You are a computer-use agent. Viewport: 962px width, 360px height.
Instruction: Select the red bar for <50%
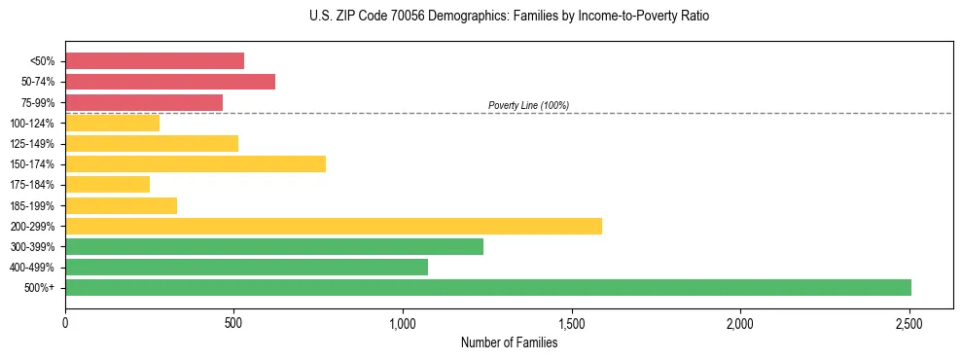click(155, 60)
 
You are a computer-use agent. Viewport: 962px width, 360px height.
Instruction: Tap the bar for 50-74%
click(170, 82)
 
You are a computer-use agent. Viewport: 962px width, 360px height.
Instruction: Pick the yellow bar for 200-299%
click(334, 226)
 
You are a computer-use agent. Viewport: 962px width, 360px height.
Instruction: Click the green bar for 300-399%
click(274, 246)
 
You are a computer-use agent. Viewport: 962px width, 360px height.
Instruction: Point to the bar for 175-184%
click(107, 184)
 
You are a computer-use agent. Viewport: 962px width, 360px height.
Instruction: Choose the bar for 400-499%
click(246, 267)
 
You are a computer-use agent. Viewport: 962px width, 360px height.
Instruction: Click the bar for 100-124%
click(112, 123)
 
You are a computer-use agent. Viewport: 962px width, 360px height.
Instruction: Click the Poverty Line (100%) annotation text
click(528, 105)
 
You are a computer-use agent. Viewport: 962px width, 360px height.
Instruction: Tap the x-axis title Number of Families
click(509, 342)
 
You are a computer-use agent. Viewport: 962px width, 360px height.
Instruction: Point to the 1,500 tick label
click(572, 322)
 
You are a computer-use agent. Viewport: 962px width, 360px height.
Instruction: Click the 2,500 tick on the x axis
click(909, 322)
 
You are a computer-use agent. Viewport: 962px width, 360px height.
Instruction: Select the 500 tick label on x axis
click(233, 322)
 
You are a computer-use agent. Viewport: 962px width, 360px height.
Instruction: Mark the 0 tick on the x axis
click(65, 322)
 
